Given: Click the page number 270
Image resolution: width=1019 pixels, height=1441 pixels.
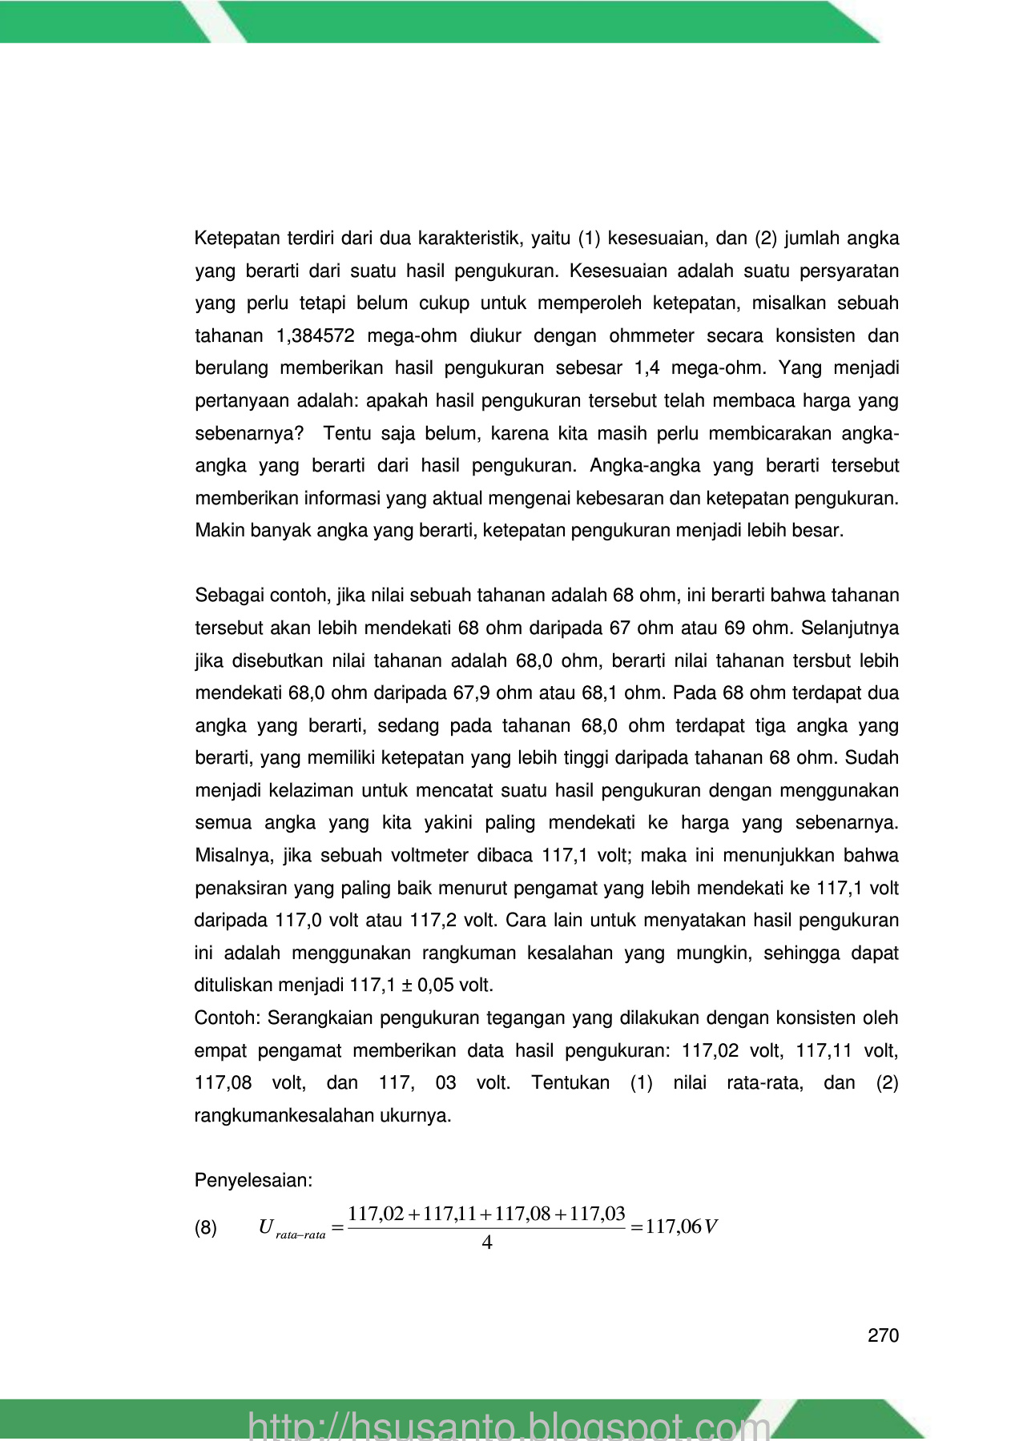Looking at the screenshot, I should click(883, 1335).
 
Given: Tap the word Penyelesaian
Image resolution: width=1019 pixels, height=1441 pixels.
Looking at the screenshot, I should click(253, 1180).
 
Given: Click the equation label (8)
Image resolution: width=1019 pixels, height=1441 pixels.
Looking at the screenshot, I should click(206, 1228).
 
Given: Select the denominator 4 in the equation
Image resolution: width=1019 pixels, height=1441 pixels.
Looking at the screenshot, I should click(487, 1243).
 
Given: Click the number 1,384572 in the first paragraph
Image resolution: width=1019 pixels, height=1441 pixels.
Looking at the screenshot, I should click(315, 336).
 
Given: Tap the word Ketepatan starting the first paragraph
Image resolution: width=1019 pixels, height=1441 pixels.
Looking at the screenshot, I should click(237, 239).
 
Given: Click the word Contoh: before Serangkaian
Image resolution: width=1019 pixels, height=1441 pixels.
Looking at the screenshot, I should click(228, 1018).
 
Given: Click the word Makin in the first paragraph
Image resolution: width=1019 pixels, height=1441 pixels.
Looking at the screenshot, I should click(217, 531).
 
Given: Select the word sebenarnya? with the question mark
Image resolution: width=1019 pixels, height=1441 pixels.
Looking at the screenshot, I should click(249, 434).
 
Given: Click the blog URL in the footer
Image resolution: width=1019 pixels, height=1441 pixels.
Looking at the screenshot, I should click(509, 1424).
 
